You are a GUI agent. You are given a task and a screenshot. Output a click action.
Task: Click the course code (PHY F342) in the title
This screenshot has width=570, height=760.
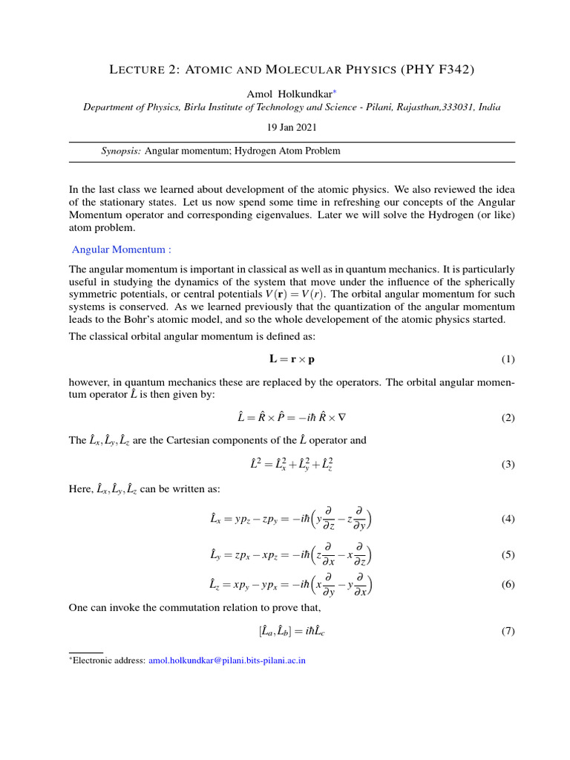pos(437,70)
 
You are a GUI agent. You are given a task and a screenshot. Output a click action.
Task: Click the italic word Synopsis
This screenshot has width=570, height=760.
pos(121,151)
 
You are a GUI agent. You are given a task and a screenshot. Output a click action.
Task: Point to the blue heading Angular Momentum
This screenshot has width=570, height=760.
pos(121,249)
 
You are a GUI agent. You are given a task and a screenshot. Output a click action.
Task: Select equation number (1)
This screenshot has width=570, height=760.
pos(508,359)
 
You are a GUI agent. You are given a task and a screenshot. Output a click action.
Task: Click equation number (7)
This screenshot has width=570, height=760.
pos(508,632)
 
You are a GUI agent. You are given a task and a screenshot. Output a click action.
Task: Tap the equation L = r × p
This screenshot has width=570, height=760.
pos(296,359)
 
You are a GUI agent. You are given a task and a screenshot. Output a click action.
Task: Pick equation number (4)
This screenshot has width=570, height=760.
pos(508,519)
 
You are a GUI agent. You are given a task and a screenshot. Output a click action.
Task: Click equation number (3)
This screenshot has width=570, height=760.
pos(508,465)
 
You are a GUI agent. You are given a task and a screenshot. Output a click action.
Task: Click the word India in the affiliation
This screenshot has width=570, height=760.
pos(489,108)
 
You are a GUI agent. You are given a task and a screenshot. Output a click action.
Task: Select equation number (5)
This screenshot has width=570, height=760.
pos(508,554)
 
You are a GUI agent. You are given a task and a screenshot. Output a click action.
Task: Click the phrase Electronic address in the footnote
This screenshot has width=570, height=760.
pos(109,659)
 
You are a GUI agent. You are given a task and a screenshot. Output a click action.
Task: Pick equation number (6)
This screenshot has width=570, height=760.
pos(508,584)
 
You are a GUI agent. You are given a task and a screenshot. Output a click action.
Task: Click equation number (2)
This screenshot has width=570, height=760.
pos(508,418)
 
